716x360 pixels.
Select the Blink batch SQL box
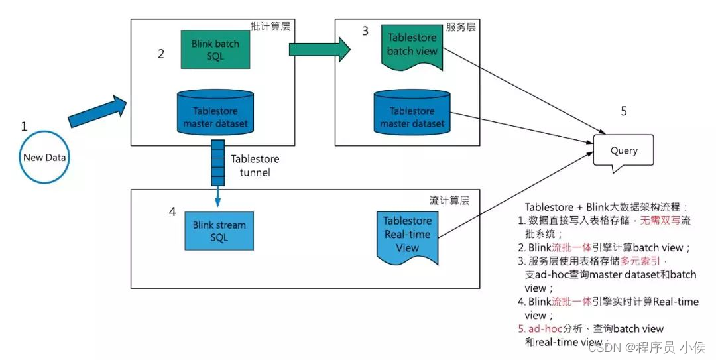(x=215, y=50)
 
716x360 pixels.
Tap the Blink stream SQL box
(x=219, y=231)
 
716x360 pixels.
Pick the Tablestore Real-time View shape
(x=407, y=235)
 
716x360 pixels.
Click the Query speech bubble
(x=623, y=151)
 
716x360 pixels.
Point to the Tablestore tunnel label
(x=255, y=166)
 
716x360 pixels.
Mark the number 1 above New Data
(x=25, y=126)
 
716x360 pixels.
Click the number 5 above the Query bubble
(x=623, y=111)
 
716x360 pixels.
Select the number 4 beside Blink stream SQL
(x=172, y=212)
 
